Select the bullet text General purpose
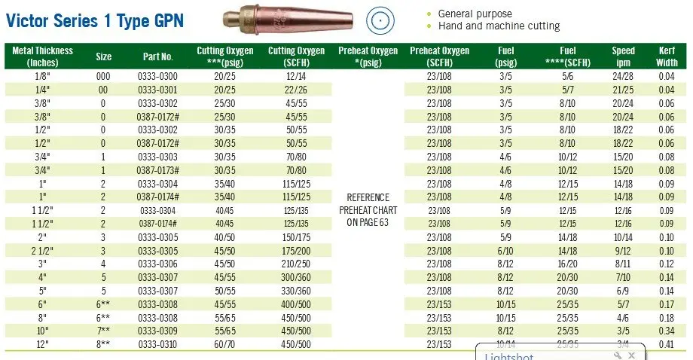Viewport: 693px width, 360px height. (x=475, y=14)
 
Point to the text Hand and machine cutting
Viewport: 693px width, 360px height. (x=499, y=26)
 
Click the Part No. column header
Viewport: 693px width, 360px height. (x=158, y=56)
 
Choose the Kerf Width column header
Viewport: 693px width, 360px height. (x=667, y=56)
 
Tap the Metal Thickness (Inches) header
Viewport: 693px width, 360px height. (x=43, y=56)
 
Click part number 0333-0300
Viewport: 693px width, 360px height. (x=158, y=76)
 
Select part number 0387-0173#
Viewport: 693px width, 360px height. (x=158, y=169)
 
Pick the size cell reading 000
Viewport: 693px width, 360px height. (x=103, y=76)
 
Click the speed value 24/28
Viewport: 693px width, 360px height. (x=623, y=76)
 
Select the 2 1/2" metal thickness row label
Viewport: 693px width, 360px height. (x=42, y=250)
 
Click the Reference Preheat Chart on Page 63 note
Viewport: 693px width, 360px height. (x=368, y=209)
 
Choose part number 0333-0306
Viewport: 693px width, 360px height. (x=158, y=263)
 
